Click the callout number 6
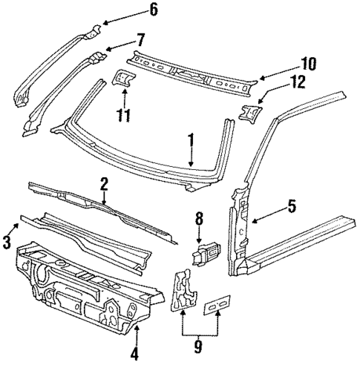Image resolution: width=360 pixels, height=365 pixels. tap(153, 10)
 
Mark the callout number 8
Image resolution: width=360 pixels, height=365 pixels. tap(198, 219)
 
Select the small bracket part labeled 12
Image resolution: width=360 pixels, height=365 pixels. tap(249, 113)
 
